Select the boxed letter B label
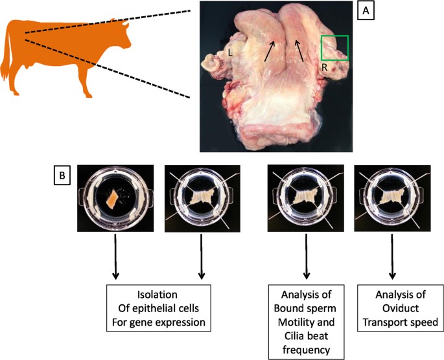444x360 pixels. pyautogui.click(x=62, y=174)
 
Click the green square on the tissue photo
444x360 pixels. pyautogui.click(x=335, y=48)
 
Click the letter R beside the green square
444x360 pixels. pyautogui.click(x=324, y=67)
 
